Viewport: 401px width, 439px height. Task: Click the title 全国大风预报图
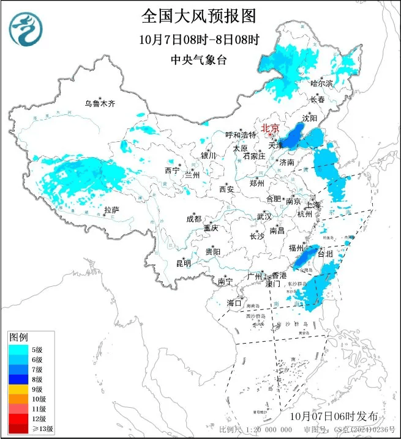coord(199,15)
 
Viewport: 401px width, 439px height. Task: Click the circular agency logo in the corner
coord(25,28)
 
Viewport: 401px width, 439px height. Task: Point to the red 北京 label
coord(270,128)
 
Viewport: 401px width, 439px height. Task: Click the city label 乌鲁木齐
coord(100,103)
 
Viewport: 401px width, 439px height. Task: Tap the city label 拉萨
coord(111,210)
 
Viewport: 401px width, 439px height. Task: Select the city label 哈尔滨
coord(321,83)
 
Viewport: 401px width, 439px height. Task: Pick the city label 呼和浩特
coord(241,135)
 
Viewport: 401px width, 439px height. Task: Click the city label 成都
coord(193,219)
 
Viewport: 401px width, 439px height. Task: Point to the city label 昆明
coord(184,264)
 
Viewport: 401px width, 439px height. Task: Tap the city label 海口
coord(234,303)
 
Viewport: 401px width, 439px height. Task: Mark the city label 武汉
coord(264,216)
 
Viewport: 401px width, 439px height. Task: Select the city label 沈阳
coord(310,117)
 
